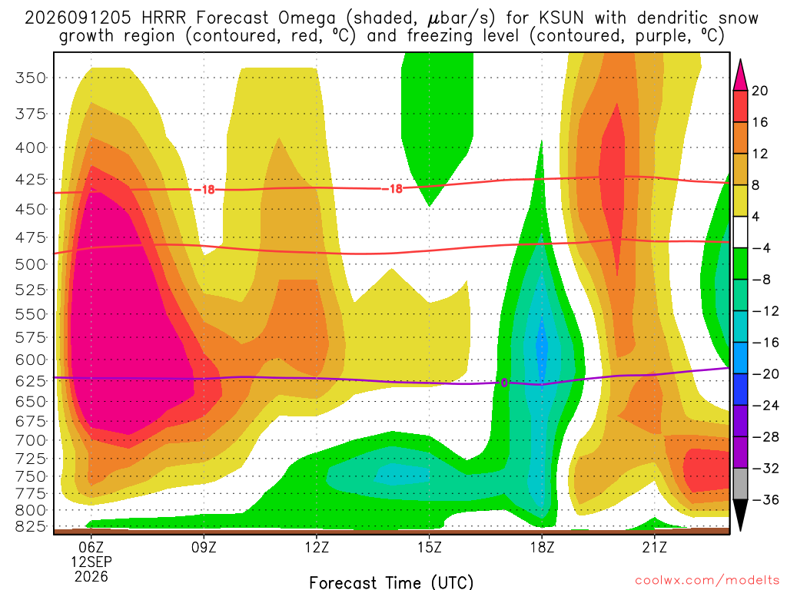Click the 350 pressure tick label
(x=31, y=78)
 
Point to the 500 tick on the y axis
(x=31, y=264)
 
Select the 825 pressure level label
(x=31, y=526)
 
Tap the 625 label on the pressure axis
(x=31, y=381)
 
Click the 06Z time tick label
(x=91, y=547)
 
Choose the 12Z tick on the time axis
(x=317, y=547)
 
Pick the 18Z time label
(x=542, y=547)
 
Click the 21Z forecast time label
(x=655, y=547)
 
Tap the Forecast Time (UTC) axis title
(x=391, y=582)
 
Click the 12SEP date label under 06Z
(x=91, y=562)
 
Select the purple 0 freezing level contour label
(x=504, y=383)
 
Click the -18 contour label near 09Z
(x=204, y=190)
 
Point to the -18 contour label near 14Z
(x=393, y=189)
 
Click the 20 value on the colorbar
(x=759, y=91)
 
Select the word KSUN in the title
(x=562, y=18)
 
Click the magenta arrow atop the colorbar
(x=740, y=75)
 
